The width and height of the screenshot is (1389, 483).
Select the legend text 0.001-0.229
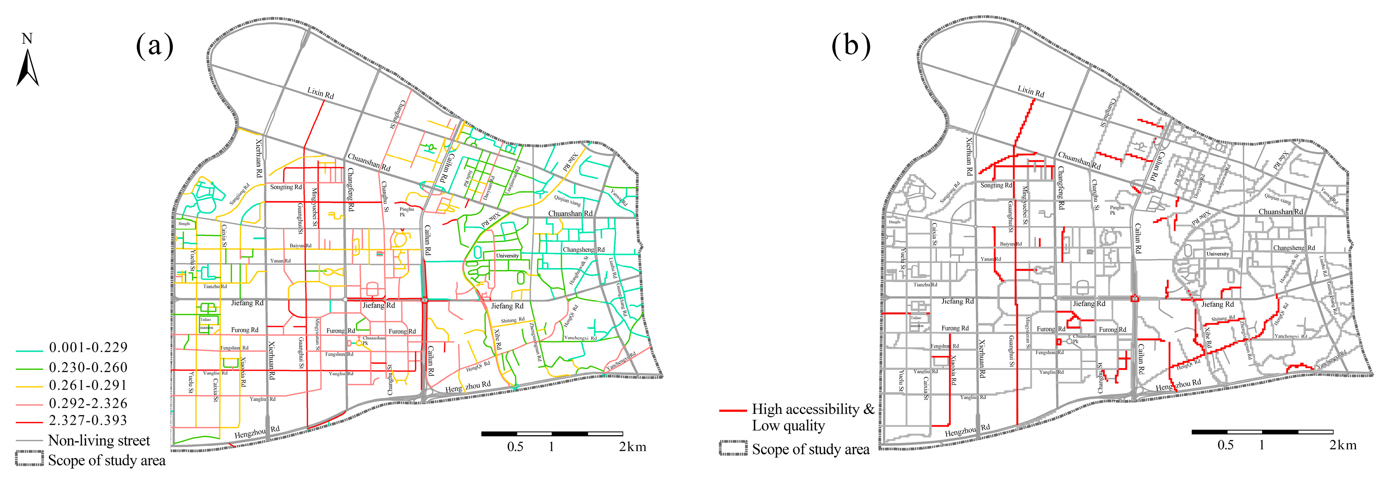pyautogui.click(x=88, y=347)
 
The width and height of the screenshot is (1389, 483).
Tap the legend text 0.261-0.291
pyautogui.click(x=88, y=385)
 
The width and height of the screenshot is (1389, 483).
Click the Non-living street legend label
pyautogui.click(x=99, y=441)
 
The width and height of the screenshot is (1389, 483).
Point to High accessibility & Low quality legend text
pyautogui.click(x=813, y=417)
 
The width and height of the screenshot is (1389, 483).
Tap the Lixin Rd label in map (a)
pyautogui.click(x=320, y=93)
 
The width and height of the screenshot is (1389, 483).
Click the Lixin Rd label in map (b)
pyautogui.click(x=1030, y=91)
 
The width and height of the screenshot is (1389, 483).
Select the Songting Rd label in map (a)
pyautogui.click(x=286, y=187)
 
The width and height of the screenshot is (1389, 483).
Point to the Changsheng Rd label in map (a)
pyautogui.click(x=584, y=250)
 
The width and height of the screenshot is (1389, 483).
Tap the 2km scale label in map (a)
pyautogui.click(x=632, y=447)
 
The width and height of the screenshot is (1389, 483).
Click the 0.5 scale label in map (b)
pyautogui.click(x=1225, y=445)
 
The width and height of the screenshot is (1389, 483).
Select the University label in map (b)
pyautogui.click(x=1217, y=254)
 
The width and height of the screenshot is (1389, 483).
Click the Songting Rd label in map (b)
pyautogui.click(x=996, y=185)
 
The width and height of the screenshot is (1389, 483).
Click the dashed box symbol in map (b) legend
pyautogui.click(x=733, y=449)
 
